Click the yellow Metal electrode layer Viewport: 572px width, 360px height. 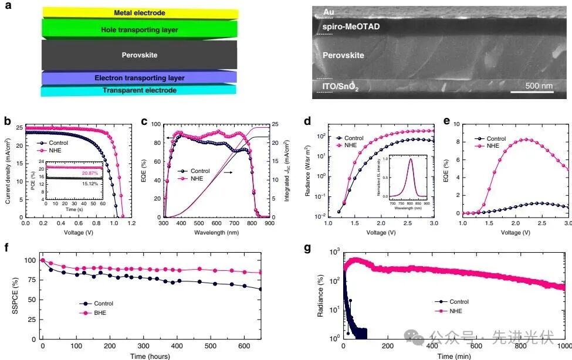click(x=139, y=13)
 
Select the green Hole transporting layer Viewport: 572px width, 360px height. click(x=139, y=29)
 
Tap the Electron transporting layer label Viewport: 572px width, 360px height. click(x=139, y=78)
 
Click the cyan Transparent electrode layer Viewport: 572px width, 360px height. click(x=139, y=90)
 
